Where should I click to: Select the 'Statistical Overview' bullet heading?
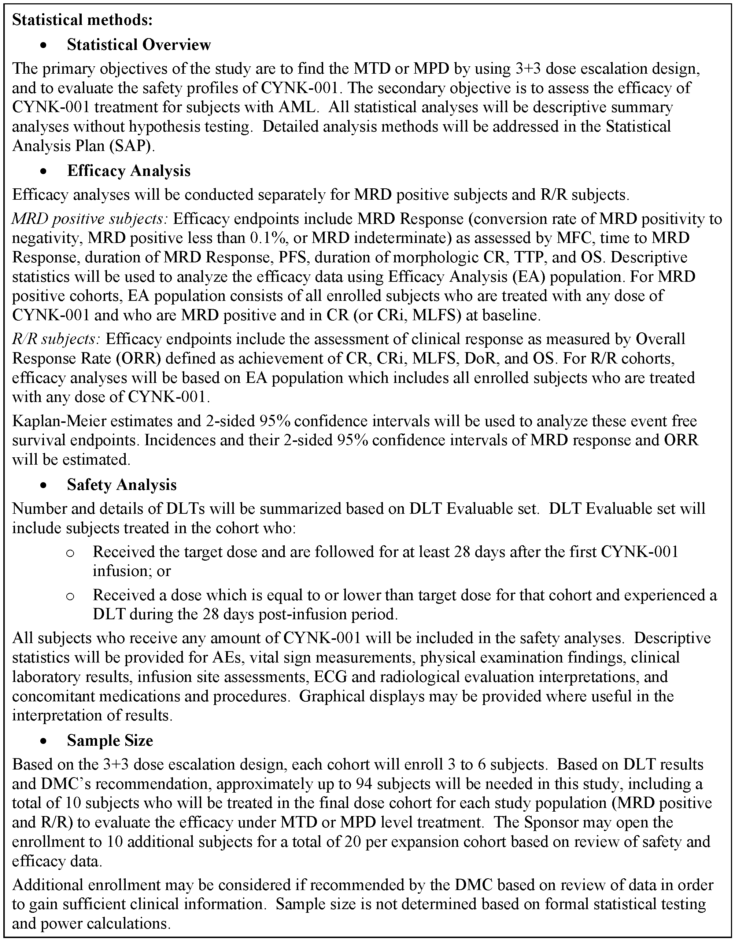point(139,44)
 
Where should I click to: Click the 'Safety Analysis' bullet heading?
point(122,485)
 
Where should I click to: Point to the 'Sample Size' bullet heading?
point(110,740)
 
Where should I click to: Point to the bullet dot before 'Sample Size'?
point(43,741)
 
